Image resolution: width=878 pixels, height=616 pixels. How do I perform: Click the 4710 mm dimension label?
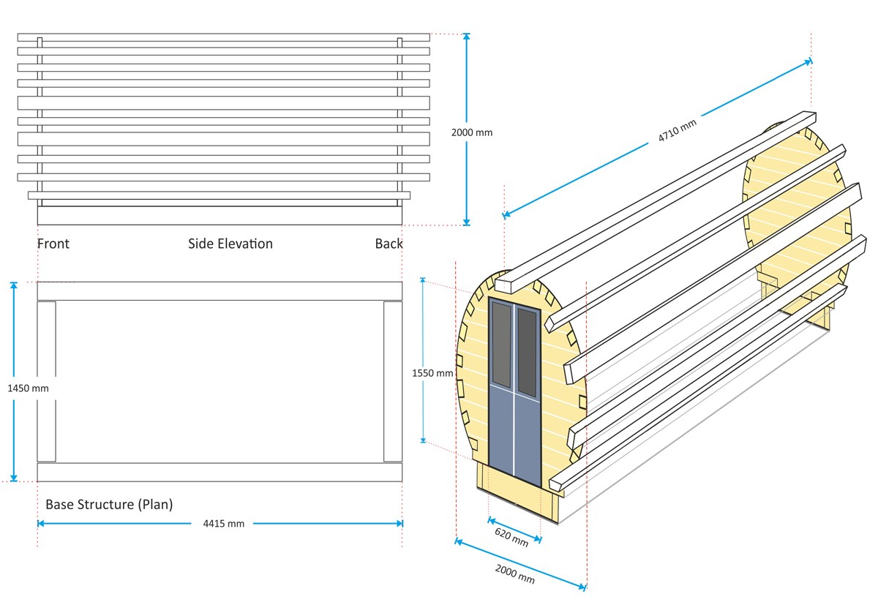(677, 132)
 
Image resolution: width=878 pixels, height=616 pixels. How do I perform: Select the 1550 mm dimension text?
(432, 373)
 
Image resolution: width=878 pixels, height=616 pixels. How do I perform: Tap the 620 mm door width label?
(511, 536)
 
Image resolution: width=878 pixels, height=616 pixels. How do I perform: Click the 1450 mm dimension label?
(28, 388)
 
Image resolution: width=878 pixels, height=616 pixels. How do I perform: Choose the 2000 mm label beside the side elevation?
(472, 132)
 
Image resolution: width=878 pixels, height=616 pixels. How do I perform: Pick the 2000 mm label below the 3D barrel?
(515, 574)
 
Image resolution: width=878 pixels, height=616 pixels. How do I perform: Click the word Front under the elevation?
(53, 244)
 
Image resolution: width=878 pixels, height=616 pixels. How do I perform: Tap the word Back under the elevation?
(389, 244)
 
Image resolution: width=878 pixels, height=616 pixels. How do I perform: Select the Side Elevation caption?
(230, 244)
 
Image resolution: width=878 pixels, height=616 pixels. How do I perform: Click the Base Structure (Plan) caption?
(109, 504)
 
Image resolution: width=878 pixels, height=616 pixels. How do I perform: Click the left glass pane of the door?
(501, 344)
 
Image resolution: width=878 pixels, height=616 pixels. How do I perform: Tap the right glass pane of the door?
(527, 352)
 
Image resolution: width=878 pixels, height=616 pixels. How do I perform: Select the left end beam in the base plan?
(46, 381)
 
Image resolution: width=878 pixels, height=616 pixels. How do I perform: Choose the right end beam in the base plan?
(393, 381)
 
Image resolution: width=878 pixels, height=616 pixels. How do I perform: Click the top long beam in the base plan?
(219, 291)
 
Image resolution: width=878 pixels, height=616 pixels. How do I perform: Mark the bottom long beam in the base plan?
(219, 472)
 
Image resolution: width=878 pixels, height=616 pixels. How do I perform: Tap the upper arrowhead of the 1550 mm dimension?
(423, 280)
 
